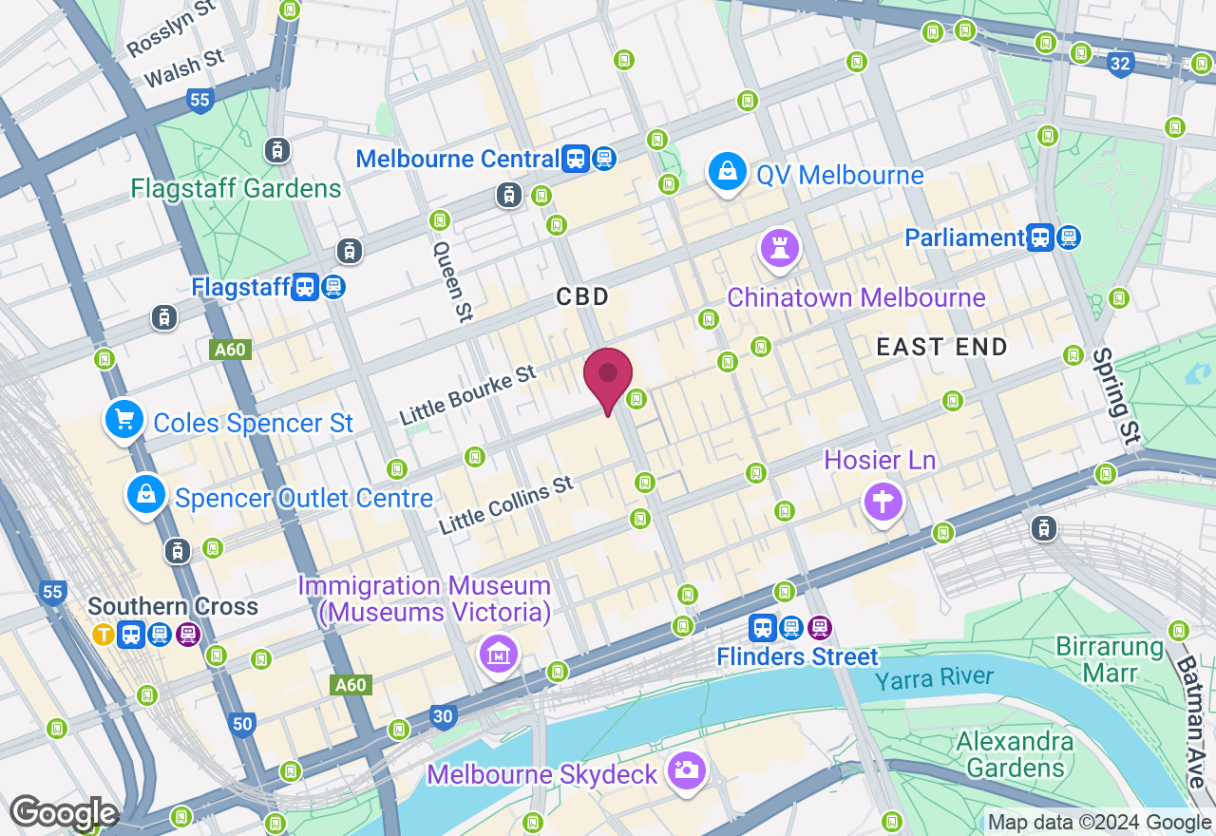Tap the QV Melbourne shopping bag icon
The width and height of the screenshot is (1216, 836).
coord(727,172)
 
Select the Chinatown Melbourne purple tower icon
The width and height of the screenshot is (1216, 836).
coord(780,247)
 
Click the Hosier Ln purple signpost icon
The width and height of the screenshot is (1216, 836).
coord(883,500)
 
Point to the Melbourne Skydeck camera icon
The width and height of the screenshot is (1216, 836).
coord(685,769)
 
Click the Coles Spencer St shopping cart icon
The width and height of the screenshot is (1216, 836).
coord(124,419)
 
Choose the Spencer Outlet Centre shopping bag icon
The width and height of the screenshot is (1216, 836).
coord(145,494)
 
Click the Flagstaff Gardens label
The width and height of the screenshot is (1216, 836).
coord(237,188)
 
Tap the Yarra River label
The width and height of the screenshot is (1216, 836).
coord(934,678)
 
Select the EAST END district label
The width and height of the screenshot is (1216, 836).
coord(941,348)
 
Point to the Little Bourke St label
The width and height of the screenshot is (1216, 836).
coord(467,395)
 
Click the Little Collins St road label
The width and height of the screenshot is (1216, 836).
coord(506,504)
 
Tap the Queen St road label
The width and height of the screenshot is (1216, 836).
coord(453,280)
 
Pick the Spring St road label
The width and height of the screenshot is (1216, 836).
coord(1115,396)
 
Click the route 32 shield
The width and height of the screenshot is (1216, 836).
coord(1121,65)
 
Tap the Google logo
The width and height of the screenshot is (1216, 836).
coord(64,813)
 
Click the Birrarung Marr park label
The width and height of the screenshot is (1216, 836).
coord(1110,660)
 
